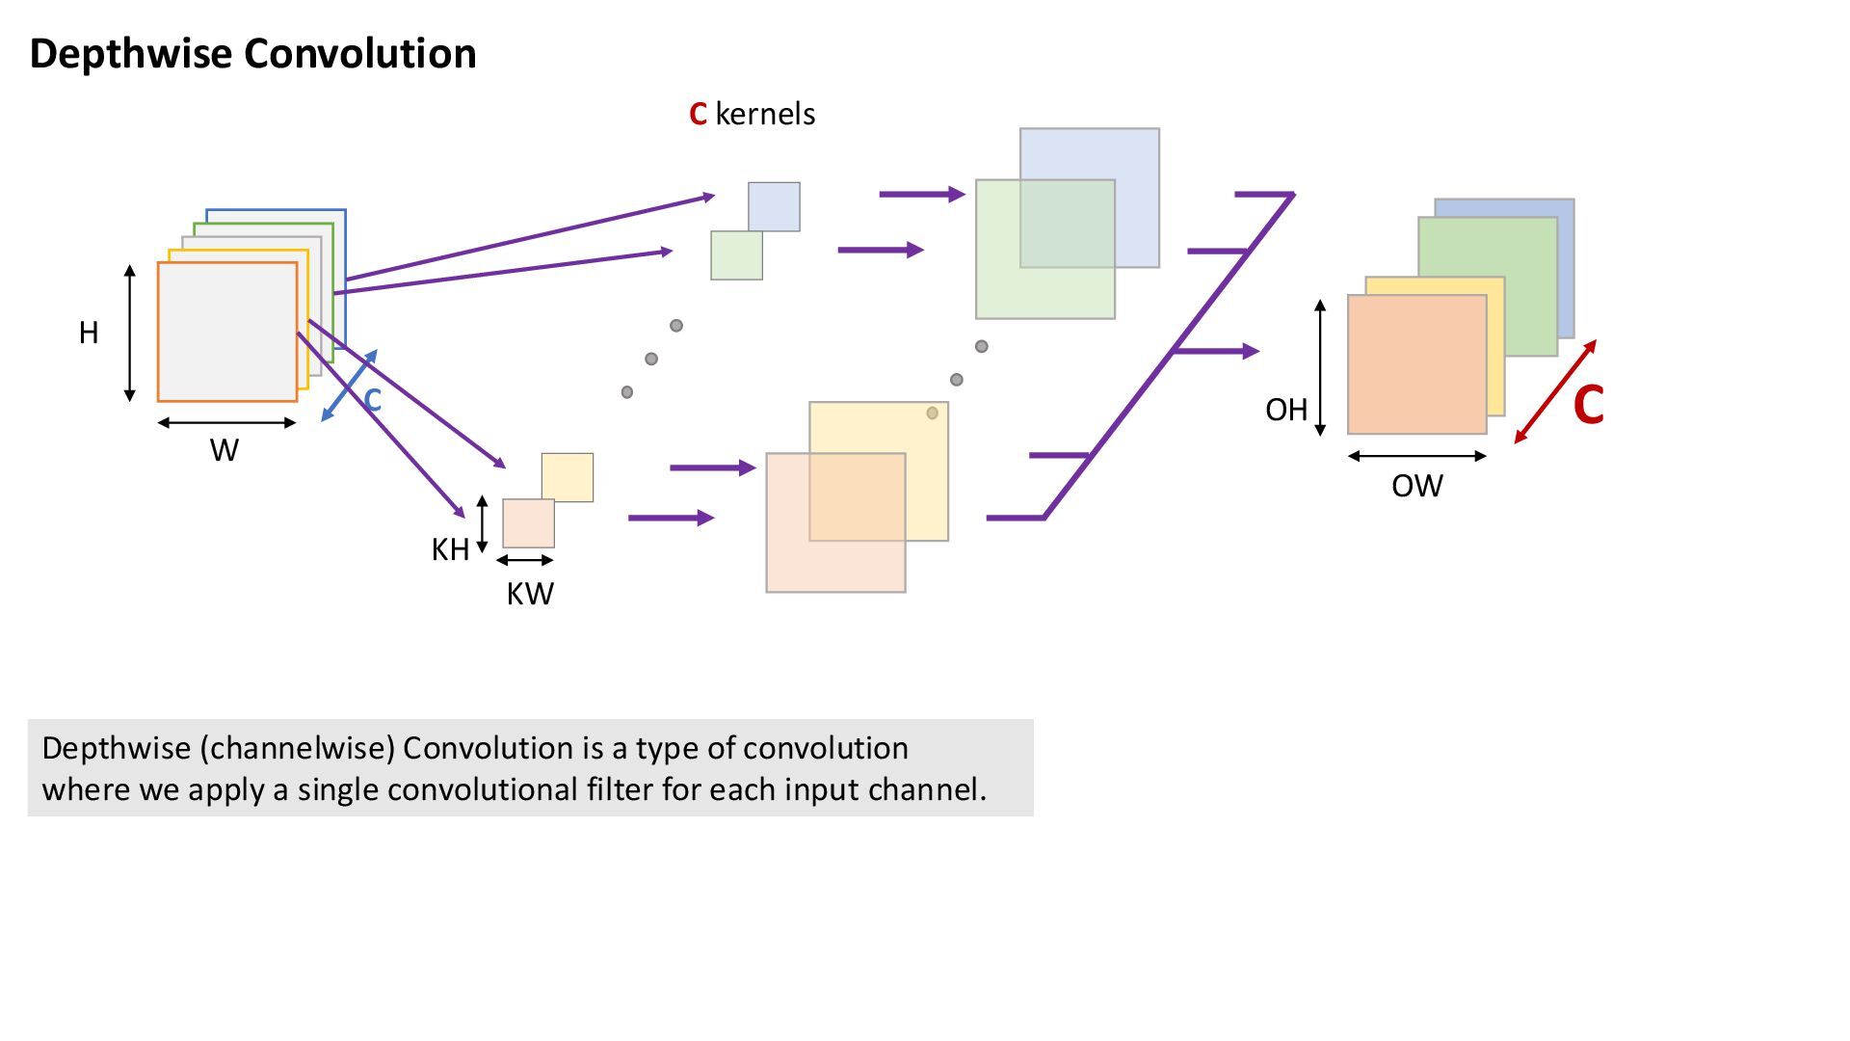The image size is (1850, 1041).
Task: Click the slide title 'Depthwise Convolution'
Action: click(253, 53)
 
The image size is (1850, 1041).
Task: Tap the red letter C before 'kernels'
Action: click(699, 114)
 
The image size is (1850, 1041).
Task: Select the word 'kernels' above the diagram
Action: click(765, 114)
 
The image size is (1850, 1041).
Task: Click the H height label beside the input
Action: click(89, 333)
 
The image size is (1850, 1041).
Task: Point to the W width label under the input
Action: click(225, 450)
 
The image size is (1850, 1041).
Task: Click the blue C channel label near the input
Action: click(372, 400)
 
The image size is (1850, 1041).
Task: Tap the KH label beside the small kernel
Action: click(450, 549)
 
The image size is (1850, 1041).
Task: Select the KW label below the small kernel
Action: click(530, 594)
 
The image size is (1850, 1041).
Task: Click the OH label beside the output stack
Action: click(1286, 410)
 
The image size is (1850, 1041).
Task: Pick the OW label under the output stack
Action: click(1417, 486)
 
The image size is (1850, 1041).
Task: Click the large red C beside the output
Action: click(1589, 405)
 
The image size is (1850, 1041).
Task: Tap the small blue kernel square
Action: click(774, 206)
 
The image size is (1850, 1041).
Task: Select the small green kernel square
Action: click(736, 255)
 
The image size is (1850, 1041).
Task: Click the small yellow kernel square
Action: click(568, 477)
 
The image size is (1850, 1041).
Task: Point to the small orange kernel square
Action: click(528, 523)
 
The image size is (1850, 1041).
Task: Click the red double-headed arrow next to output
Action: click(1555, 391)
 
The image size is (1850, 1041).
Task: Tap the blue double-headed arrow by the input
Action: click(349, 386)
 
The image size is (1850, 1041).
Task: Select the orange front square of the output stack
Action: click(1416, 364)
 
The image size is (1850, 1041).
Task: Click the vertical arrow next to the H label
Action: click(130, 334)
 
